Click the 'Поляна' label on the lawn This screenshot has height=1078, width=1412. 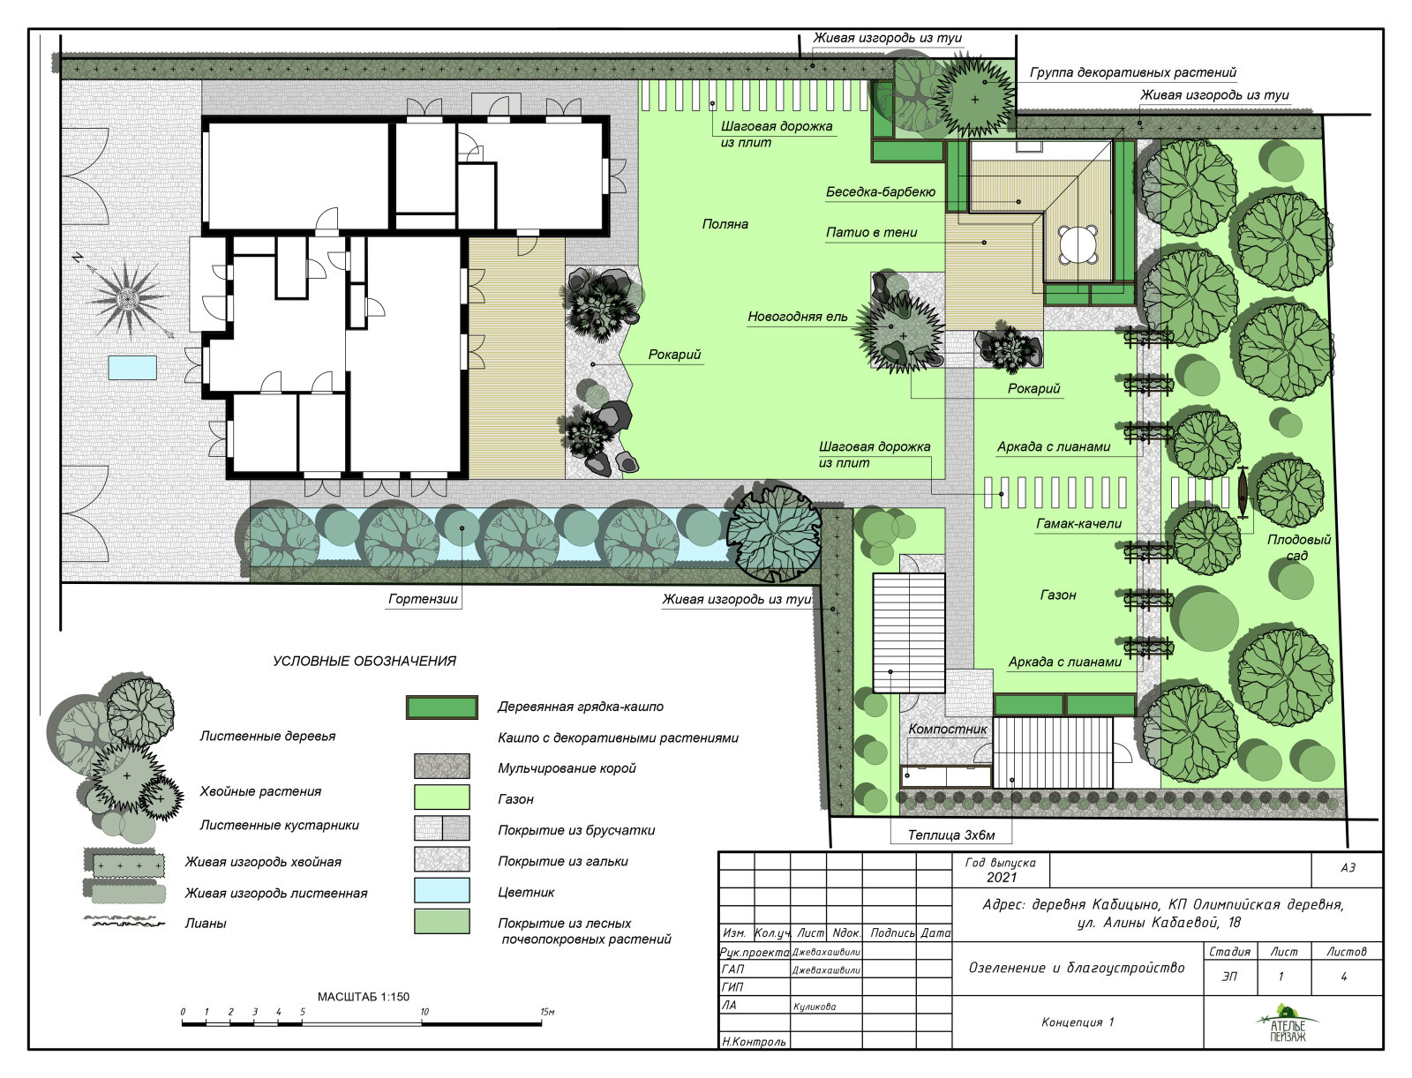click(725, 224)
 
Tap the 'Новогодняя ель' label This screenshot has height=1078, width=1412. click(797, 317)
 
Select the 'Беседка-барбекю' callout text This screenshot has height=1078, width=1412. click(880, 192)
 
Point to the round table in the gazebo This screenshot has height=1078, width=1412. click(1078, 243)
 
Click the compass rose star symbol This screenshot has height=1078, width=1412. click(129, 299)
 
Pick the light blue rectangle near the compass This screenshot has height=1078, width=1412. click(132, 368)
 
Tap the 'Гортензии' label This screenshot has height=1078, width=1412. click(423, 599)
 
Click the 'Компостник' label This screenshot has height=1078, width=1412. click(948, 729)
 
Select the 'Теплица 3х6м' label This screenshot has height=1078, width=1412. click(951, 835)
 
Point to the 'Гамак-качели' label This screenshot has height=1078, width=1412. click(1078, 524)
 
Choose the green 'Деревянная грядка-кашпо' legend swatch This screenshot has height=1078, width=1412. click(442, 707)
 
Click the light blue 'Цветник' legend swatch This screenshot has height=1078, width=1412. click(442, 891)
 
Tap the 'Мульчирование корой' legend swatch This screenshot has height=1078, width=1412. click(442, 767)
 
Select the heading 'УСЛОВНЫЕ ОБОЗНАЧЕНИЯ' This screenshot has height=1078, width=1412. click(364, 661)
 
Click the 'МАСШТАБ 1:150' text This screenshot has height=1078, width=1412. click(364, 997)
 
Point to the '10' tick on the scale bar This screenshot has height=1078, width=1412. click(424, 1012)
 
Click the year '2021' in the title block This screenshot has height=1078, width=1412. click(1002, 878)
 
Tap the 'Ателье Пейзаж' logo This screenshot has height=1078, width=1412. click(1288, 1022)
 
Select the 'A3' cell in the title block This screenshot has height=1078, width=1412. click(1348, 868)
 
